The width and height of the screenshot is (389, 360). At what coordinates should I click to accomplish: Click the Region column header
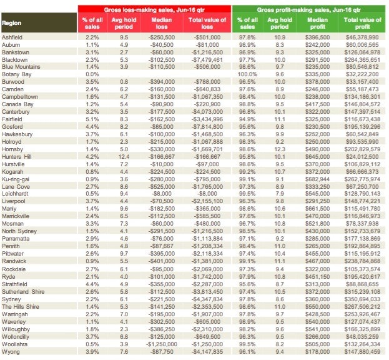[12, 23]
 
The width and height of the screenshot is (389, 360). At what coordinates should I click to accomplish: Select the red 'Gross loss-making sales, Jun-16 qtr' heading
[154, 9]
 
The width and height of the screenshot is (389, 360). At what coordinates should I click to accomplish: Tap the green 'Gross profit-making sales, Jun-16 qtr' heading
[308, 9]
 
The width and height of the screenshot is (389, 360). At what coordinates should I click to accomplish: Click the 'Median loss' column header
[162, 23]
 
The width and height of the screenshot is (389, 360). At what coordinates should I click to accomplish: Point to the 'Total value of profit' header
[362, 23]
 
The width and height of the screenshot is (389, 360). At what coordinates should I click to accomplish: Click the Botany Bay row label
[17, 74]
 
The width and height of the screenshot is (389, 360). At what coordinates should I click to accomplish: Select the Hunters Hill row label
[17, 157]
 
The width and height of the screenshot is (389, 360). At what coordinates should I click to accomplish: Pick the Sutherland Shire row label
[23, 291]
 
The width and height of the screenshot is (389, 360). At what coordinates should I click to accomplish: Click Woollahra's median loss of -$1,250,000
[162, 344]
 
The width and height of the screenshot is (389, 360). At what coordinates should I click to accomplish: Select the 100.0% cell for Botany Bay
[247, 74]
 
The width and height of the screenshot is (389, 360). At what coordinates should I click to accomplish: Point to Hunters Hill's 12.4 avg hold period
[124, 157]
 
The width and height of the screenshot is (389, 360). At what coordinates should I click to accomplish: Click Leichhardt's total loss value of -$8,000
[207, 193]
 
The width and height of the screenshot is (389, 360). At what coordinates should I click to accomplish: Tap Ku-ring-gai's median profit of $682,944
[318, 179]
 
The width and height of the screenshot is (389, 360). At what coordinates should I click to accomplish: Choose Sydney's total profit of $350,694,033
[362, 299]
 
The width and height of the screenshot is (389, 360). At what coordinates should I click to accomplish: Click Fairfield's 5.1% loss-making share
[92, 119]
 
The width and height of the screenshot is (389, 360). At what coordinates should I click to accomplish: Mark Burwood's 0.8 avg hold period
[124, 82]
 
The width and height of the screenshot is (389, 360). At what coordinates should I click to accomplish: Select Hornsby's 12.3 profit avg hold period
[280, 149]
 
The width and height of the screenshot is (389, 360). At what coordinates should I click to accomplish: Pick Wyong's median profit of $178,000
[318, 351]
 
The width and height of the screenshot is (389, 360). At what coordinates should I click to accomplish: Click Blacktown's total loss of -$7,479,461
[207, 60]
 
